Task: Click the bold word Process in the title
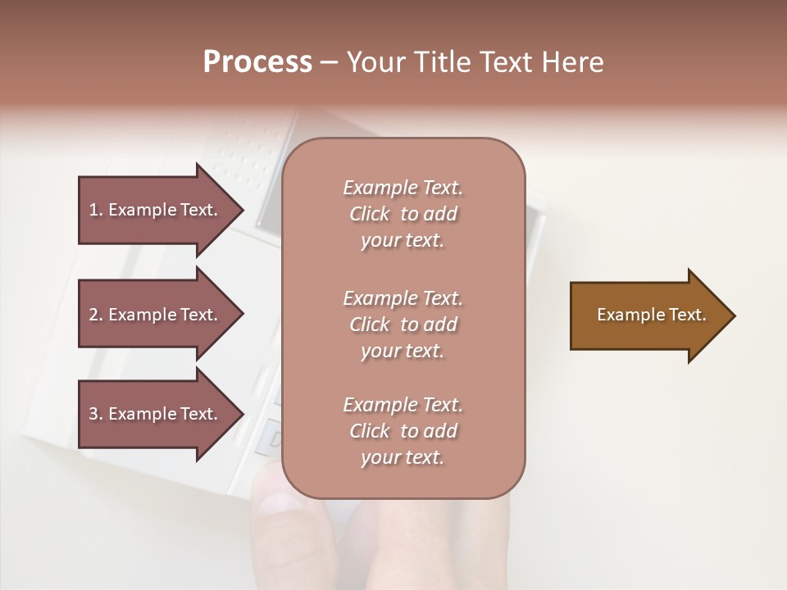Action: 257,62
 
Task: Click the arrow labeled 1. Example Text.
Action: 156,210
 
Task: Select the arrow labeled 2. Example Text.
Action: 156,315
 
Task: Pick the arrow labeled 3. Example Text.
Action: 156,414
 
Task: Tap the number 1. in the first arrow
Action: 96,210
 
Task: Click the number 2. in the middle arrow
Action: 96,315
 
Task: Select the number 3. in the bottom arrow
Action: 96,414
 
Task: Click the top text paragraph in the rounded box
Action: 403,214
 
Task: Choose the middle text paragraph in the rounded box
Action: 403,324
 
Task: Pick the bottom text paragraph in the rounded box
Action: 403,431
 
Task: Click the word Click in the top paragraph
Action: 370,214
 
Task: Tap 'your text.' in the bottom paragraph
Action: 403,457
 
